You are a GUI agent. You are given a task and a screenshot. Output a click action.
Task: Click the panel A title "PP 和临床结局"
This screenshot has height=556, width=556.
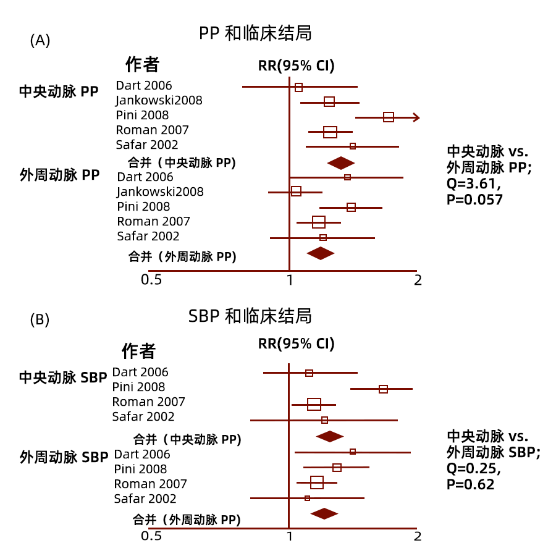click(255, 33)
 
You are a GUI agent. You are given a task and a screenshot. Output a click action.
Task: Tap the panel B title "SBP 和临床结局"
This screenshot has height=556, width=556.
click(250, 316)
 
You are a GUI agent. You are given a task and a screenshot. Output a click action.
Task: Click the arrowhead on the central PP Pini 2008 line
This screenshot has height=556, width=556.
click(416, 117)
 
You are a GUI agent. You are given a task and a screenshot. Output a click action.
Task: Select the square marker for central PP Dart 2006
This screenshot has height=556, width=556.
click(298, 87)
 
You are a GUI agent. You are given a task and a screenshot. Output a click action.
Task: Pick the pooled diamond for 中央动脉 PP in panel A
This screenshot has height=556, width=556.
click(341, 163)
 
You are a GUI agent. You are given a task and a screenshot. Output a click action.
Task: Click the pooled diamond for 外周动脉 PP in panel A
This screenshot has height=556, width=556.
click(321, 253)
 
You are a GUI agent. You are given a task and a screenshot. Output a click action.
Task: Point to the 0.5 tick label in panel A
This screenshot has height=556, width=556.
click(151, 280)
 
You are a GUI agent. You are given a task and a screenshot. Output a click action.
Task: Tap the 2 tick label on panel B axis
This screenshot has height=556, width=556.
click(418, 536)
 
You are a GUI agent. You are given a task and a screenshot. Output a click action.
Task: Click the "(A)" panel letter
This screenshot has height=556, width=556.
click(40, 40)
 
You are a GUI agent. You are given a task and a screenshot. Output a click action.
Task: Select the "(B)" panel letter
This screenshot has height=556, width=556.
click(40, 319)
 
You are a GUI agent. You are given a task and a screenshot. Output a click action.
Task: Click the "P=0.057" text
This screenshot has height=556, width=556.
click(474, 200)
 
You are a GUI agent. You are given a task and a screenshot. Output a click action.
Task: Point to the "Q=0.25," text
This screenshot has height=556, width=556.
click(474, 468)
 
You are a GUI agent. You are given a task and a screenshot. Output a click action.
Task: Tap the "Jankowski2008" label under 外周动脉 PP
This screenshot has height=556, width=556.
click(160, 192)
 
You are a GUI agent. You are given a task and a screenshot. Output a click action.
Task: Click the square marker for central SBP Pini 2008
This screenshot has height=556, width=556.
click(383, 389)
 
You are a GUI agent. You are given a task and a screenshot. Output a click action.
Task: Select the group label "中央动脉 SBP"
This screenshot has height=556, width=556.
click(63, 377)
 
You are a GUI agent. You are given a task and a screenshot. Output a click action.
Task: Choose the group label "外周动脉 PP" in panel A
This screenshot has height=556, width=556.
click(59, 175)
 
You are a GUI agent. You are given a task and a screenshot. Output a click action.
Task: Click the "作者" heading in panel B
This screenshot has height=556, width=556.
click(138, 351)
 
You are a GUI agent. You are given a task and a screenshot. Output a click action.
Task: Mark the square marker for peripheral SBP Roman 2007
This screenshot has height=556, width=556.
click(317, 482)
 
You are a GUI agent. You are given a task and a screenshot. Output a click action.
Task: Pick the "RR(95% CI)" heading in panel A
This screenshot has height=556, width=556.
click(297, 65)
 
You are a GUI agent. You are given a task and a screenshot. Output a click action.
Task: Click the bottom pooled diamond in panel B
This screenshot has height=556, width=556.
click(324, 513)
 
